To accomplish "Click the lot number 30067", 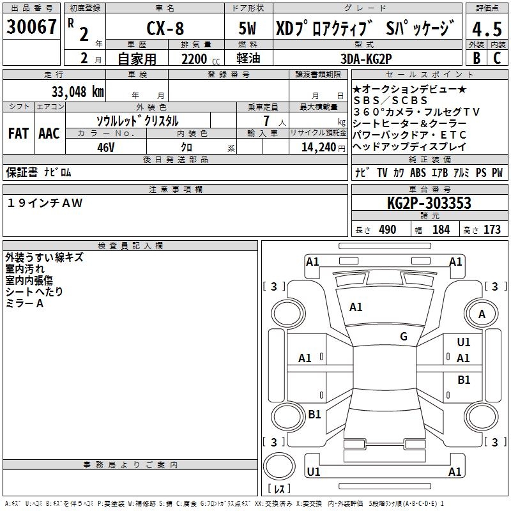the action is coord(31,27).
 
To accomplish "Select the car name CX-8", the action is coord(164,28).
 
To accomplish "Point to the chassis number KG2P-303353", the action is coord(429,203).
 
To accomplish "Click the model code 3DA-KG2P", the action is coord(366,59).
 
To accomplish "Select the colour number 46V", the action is coord(105,147).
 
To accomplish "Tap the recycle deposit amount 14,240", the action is coord(314,147).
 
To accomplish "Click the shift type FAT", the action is coord(19,133).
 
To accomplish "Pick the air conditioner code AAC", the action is coord(49,133).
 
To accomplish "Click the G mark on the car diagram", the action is coord(404,337).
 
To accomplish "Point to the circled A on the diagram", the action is coord(482,314).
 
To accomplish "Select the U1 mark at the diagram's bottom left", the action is coord(313,471).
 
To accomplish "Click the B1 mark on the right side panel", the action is coord(464,380).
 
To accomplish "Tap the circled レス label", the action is coord(279,489).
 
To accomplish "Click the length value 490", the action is coord(388,230).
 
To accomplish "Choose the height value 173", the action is coord(492,230).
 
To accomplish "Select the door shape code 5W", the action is coord(248,28).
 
